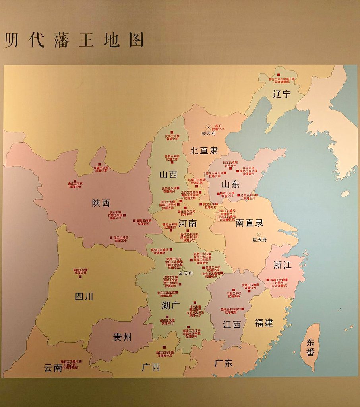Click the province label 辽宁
coord(282,95)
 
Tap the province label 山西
coord(168,174)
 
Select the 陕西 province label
coord(101,203)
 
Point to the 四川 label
coord(84,296)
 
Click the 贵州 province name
coord(122,337)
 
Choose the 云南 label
coord(53,368)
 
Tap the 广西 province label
coord(151,367)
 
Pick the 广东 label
coord(223,363)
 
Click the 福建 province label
coord(264,323)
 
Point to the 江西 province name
coord(232,324)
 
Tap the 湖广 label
coord(170,306)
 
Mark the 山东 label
coord(230,184)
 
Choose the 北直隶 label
coord(204,151)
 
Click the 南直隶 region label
coord(249,223)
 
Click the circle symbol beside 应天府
coord(259,235)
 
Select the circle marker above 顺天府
coord(208,127)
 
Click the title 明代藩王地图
coord(74,41)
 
